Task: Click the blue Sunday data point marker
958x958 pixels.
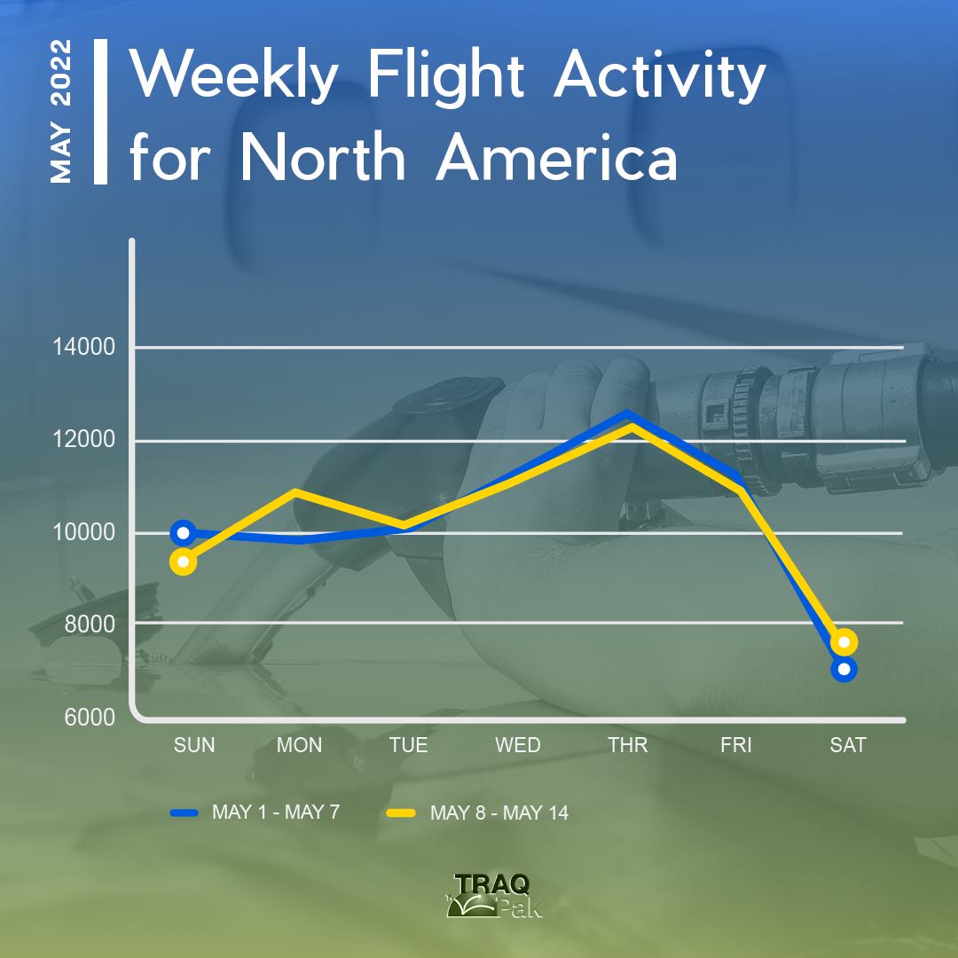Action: (184, 533)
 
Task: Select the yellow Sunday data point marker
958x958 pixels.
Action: (184, 561)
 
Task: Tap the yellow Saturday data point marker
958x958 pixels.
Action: (844, 641)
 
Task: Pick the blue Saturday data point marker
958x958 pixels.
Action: (844, 669)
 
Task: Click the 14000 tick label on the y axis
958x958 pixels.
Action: (83, 347)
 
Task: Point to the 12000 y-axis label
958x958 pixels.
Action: (83, 439)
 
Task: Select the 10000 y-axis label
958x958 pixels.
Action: (83, 532)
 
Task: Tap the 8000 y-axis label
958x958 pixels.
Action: (90, 624)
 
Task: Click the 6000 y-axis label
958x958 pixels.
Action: (90, 718)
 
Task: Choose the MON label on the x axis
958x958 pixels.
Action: (300, 745)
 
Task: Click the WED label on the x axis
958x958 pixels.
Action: (518, 745)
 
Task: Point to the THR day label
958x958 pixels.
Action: (627, 745)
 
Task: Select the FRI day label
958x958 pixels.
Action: (735, 745)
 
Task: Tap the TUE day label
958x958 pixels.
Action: (409, 745)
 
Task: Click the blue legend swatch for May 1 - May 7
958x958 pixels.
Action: (184, 813)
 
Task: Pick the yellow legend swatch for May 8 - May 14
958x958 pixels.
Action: (402, 813)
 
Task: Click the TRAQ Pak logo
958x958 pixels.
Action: (494, 896)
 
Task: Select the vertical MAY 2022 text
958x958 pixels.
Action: (61, 111)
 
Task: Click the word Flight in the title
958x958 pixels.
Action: (445, 76)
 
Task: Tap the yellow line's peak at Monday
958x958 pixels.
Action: (295, 491)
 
